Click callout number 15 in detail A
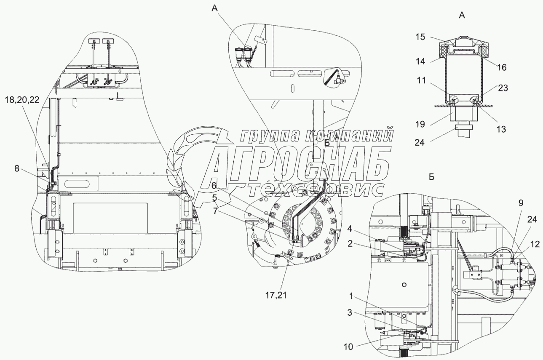[x=420, y=37]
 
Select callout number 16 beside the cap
[x=502, y=67]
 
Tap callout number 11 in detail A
[x=421, y=80]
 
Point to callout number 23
[x=503, y=88]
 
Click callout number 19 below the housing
[x=420, y=124]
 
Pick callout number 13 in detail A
[x=501, y=129]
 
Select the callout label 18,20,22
[x=22, y=100]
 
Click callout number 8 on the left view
[x=17, y=168]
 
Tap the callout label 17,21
[x=276, y=295]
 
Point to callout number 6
[x=214, y=186]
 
